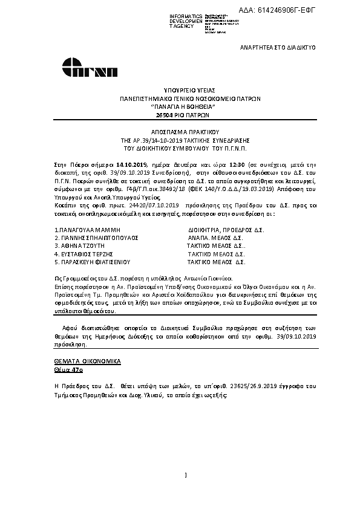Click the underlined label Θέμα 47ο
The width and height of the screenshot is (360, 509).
tap(65, 368)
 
